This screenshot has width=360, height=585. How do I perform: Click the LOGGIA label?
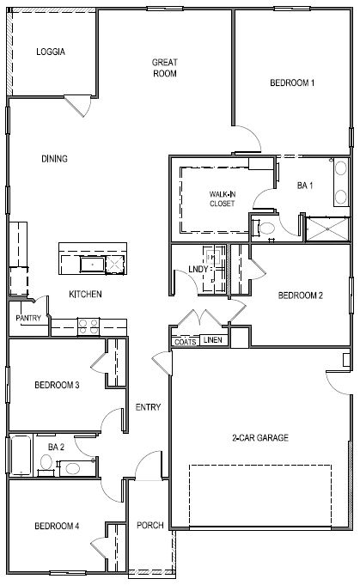(51, 52)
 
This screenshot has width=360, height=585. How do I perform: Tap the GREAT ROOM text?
(164, 68)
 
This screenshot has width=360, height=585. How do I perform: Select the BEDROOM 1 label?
(292, 83)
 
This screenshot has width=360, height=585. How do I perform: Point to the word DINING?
(53, 158)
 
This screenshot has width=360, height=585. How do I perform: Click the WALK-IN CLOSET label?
(222, 199)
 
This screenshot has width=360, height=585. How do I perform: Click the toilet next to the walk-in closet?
(265, 229)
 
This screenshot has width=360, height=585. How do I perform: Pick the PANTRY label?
(28, 318)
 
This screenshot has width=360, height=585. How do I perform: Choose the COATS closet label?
(185, 341)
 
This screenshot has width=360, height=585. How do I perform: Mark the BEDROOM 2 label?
(300, 296)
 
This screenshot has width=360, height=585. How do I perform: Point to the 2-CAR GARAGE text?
(259, 437)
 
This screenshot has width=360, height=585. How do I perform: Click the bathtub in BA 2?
(20, 454)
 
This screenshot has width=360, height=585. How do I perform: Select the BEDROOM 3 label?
(57, 385)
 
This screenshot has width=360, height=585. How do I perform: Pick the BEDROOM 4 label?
(57, 526)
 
